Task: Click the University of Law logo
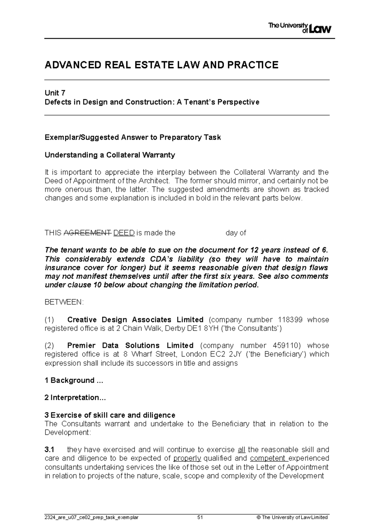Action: coord(300,28)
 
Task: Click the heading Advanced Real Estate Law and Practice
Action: coord(161,65)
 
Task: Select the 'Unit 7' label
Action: coord(55,93)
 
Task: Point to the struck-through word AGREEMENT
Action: coord(87,233)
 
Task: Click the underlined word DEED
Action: coord(124,233)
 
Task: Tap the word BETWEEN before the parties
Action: coord(64,302)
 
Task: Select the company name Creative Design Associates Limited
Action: coord(135,320)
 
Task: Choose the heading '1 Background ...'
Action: coord(74,380)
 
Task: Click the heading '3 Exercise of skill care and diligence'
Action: coord(110,415)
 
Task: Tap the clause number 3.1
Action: coord(50,450)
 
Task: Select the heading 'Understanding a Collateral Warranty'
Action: coord(110,155)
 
